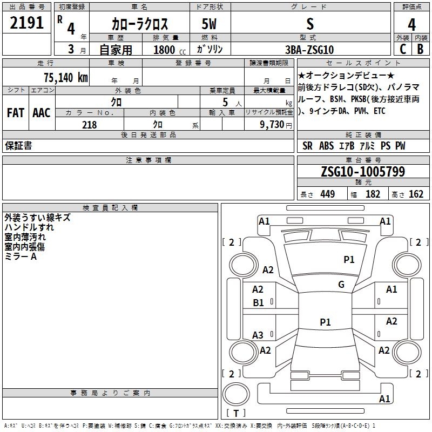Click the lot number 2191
point(26,23)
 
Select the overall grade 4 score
point(411,25)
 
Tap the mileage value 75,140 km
point(66,77)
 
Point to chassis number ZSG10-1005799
point(363,171)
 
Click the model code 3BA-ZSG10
point(309,50)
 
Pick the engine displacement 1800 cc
point(170,50)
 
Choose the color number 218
point(89,125)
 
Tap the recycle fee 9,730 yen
point(276,125)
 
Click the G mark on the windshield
point(341,284)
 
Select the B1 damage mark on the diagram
point(258,303)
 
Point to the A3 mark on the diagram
point(258,335)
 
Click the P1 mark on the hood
point(349,259)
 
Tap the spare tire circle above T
point(236,394)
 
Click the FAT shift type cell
point(16,113)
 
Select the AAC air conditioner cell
point(42,113)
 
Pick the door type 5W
point(209,24)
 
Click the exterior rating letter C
point(403,49)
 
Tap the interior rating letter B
point(420,49)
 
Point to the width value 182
point(373,194)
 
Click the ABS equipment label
point(327,146)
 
